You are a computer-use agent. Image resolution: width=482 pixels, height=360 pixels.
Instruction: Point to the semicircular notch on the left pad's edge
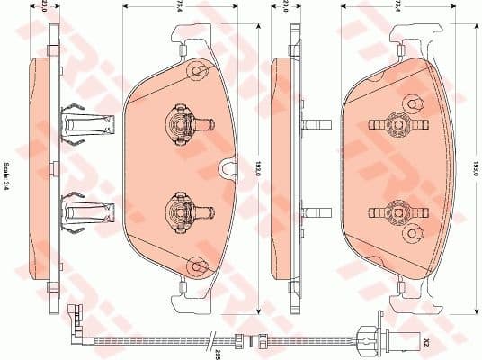click(225, 166)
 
